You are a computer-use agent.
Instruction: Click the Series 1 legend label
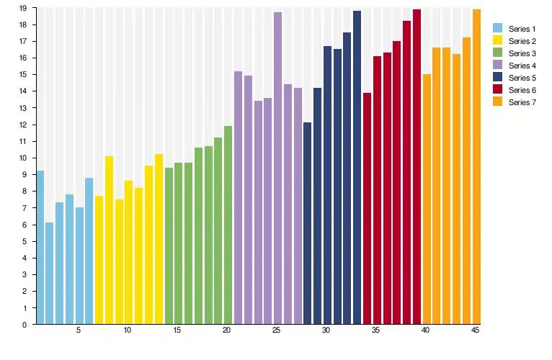pos(522,29)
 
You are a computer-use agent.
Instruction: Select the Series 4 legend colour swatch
pos(498,66)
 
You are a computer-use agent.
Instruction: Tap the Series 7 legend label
pos(522,102)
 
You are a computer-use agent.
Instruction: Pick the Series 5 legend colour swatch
pos(498,78)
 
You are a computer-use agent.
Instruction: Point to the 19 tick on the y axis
pos(24,8)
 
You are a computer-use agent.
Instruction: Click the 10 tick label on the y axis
pos(24,158)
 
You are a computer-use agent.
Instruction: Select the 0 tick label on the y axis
pos(25,325)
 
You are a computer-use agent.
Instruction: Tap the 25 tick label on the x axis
pos(277,330)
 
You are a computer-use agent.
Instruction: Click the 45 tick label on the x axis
pos(476,330)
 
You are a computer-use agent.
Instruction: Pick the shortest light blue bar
pos(50,274)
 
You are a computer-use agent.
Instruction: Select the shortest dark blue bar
pos(307,223)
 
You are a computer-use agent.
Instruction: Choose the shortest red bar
pos(367,209)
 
